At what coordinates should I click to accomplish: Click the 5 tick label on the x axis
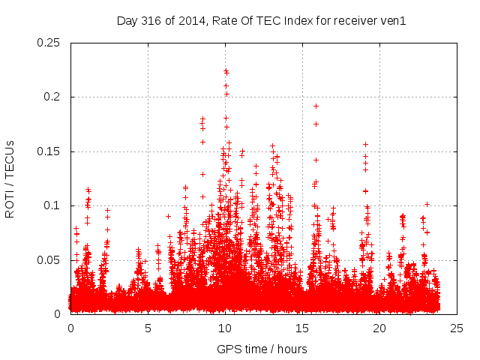[148, 328]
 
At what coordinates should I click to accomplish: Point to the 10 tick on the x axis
[226, 328]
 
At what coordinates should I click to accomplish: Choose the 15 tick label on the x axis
[303, 328]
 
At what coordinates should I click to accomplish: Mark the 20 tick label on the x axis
[380, 328]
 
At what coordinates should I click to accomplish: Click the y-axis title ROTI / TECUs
[10, 178]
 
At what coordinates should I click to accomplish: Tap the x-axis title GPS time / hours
[262, 349]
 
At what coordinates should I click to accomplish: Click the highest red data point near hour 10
[226, 71]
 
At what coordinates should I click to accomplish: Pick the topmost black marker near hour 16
[316, 106]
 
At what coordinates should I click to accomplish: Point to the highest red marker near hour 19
[366, 144]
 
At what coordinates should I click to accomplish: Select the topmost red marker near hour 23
[427, 204]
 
